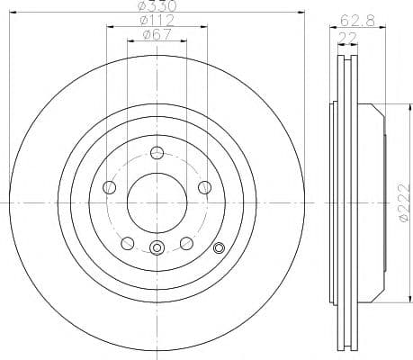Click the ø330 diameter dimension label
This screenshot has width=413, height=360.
coord(157,6)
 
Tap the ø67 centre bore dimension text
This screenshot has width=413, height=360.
coord(157,36)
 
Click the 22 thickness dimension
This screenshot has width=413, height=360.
coord(345,36)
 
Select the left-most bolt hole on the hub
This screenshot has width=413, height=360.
coord(110,186)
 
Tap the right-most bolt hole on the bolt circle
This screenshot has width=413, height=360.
coord(205,186)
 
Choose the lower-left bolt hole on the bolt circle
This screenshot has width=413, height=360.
coord(128,242)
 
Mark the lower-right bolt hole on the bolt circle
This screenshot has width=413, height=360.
coord(187,242)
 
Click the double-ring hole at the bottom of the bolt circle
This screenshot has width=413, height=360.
coord(157,249)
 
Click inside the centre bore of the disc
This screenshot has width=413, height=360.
coord(157,202)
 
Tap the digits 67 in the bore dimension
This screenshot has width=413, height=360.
coord(162,36)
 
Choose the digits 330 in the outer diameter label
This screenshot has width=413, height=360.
coord(162,6)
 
